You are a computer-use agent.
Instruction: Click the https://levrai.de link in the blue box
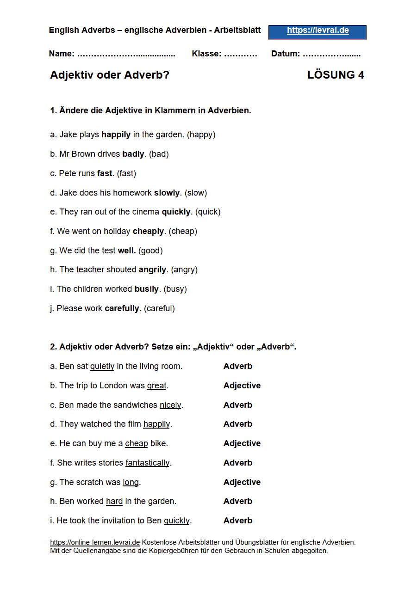[317, 31]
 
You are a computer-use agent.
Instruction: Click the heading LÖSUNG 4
[336, 75]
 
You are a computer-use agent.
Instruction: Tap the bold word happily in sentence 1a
[116, 135]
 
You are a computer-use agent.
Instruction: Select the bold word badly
[133, 154]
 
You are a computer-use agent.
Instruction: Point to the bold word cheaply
[148, 231]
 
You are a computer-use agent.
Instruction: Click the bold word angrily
[153, 270]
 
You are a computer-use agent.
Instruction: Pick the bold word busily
[147, 289]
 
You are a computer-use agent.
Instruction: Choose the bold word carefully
[122, 308]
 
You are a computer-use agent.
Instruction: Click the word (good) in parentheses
[150, 251]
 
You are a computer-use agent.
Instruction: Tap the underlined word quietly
[102, 366]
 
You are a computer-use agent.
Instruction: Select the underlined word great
[156, 386]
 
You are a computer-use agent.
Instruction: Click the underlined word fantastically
[147, 463]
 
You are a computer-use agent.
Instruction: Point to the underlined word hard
[114, 501]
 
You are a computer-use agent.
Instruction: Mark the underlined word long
[131, 482]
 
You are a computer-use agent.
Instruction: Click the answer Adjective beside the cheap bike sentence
[242, 443]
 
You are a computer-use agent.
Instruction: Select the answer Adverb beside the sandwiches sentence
[238, 405]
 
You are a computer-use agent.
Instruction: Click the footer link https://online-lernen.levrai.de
[95, 542]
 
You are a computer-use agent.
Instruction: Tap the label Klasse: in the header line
[206, 54]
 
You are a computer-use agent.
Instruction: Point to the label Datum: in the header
[286, 54]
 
